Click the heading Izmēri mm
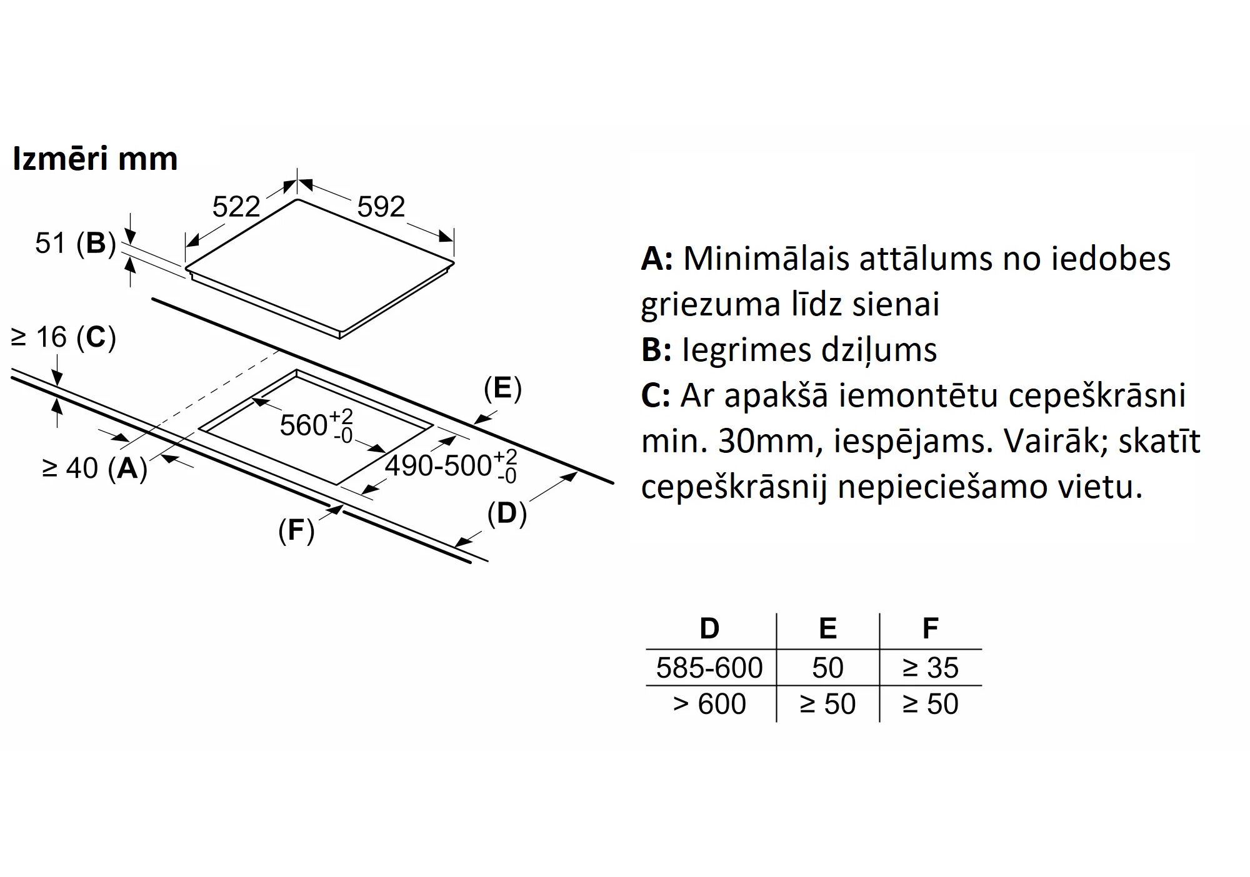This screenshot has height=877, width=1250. (x=95, y=159)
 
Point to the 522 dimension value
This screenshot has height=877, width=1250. (x=236, y=207)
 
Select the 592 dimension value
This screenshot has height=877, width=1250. (x=381, y=207)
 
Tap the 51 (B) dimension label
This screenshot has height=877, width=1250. (x=75, y=243)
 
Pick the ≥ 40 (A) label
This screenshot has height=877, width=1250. (x=94, y=468)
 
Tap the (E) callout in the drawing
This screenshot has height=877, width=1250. (x=502, y=389)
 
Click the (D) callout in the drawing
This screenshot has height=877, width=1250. (x=507, y=513)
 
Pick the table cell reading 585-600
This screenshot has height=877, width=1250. (x=709, y=668)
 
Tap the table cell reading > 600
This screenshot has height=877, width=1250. (x=709, y=704)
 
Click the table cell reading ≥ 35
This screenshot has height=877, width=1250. (x=930, y=668)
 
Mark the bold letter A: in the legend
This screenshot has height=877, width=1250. (x=656, y=259)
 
